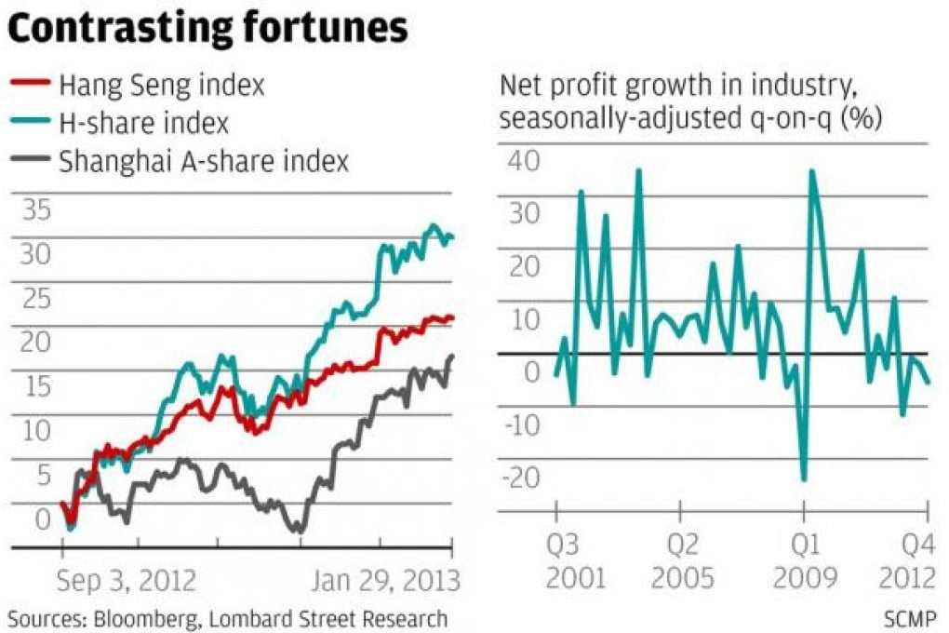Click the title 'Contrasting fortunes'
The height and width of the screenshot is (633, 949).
pyautogui.click(x=207, y=29)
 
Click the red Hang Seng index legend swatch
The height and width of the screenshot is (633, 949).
pyautogui.click(x=28, y=85)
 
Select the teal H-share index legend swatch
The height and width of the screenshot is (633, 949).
pyautogui.click(x=28, y=123)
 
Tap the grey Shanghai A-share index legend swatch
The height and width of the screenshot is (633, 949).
pyautogui.click(x=28, y=161)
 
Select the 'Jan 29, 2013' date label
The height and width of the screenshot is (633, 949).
pyautogui.click(x=385, y=581)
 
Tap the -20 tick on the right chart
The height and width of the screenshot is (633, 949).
pyautogui.click(x=520, y=477)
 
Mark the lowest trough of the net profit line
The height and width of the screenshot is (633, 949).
pyautogui.click(x=803, y=479)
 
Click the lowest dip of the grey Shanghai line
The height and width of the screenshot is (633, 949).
pyautogui.click(x=298, y=532)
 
